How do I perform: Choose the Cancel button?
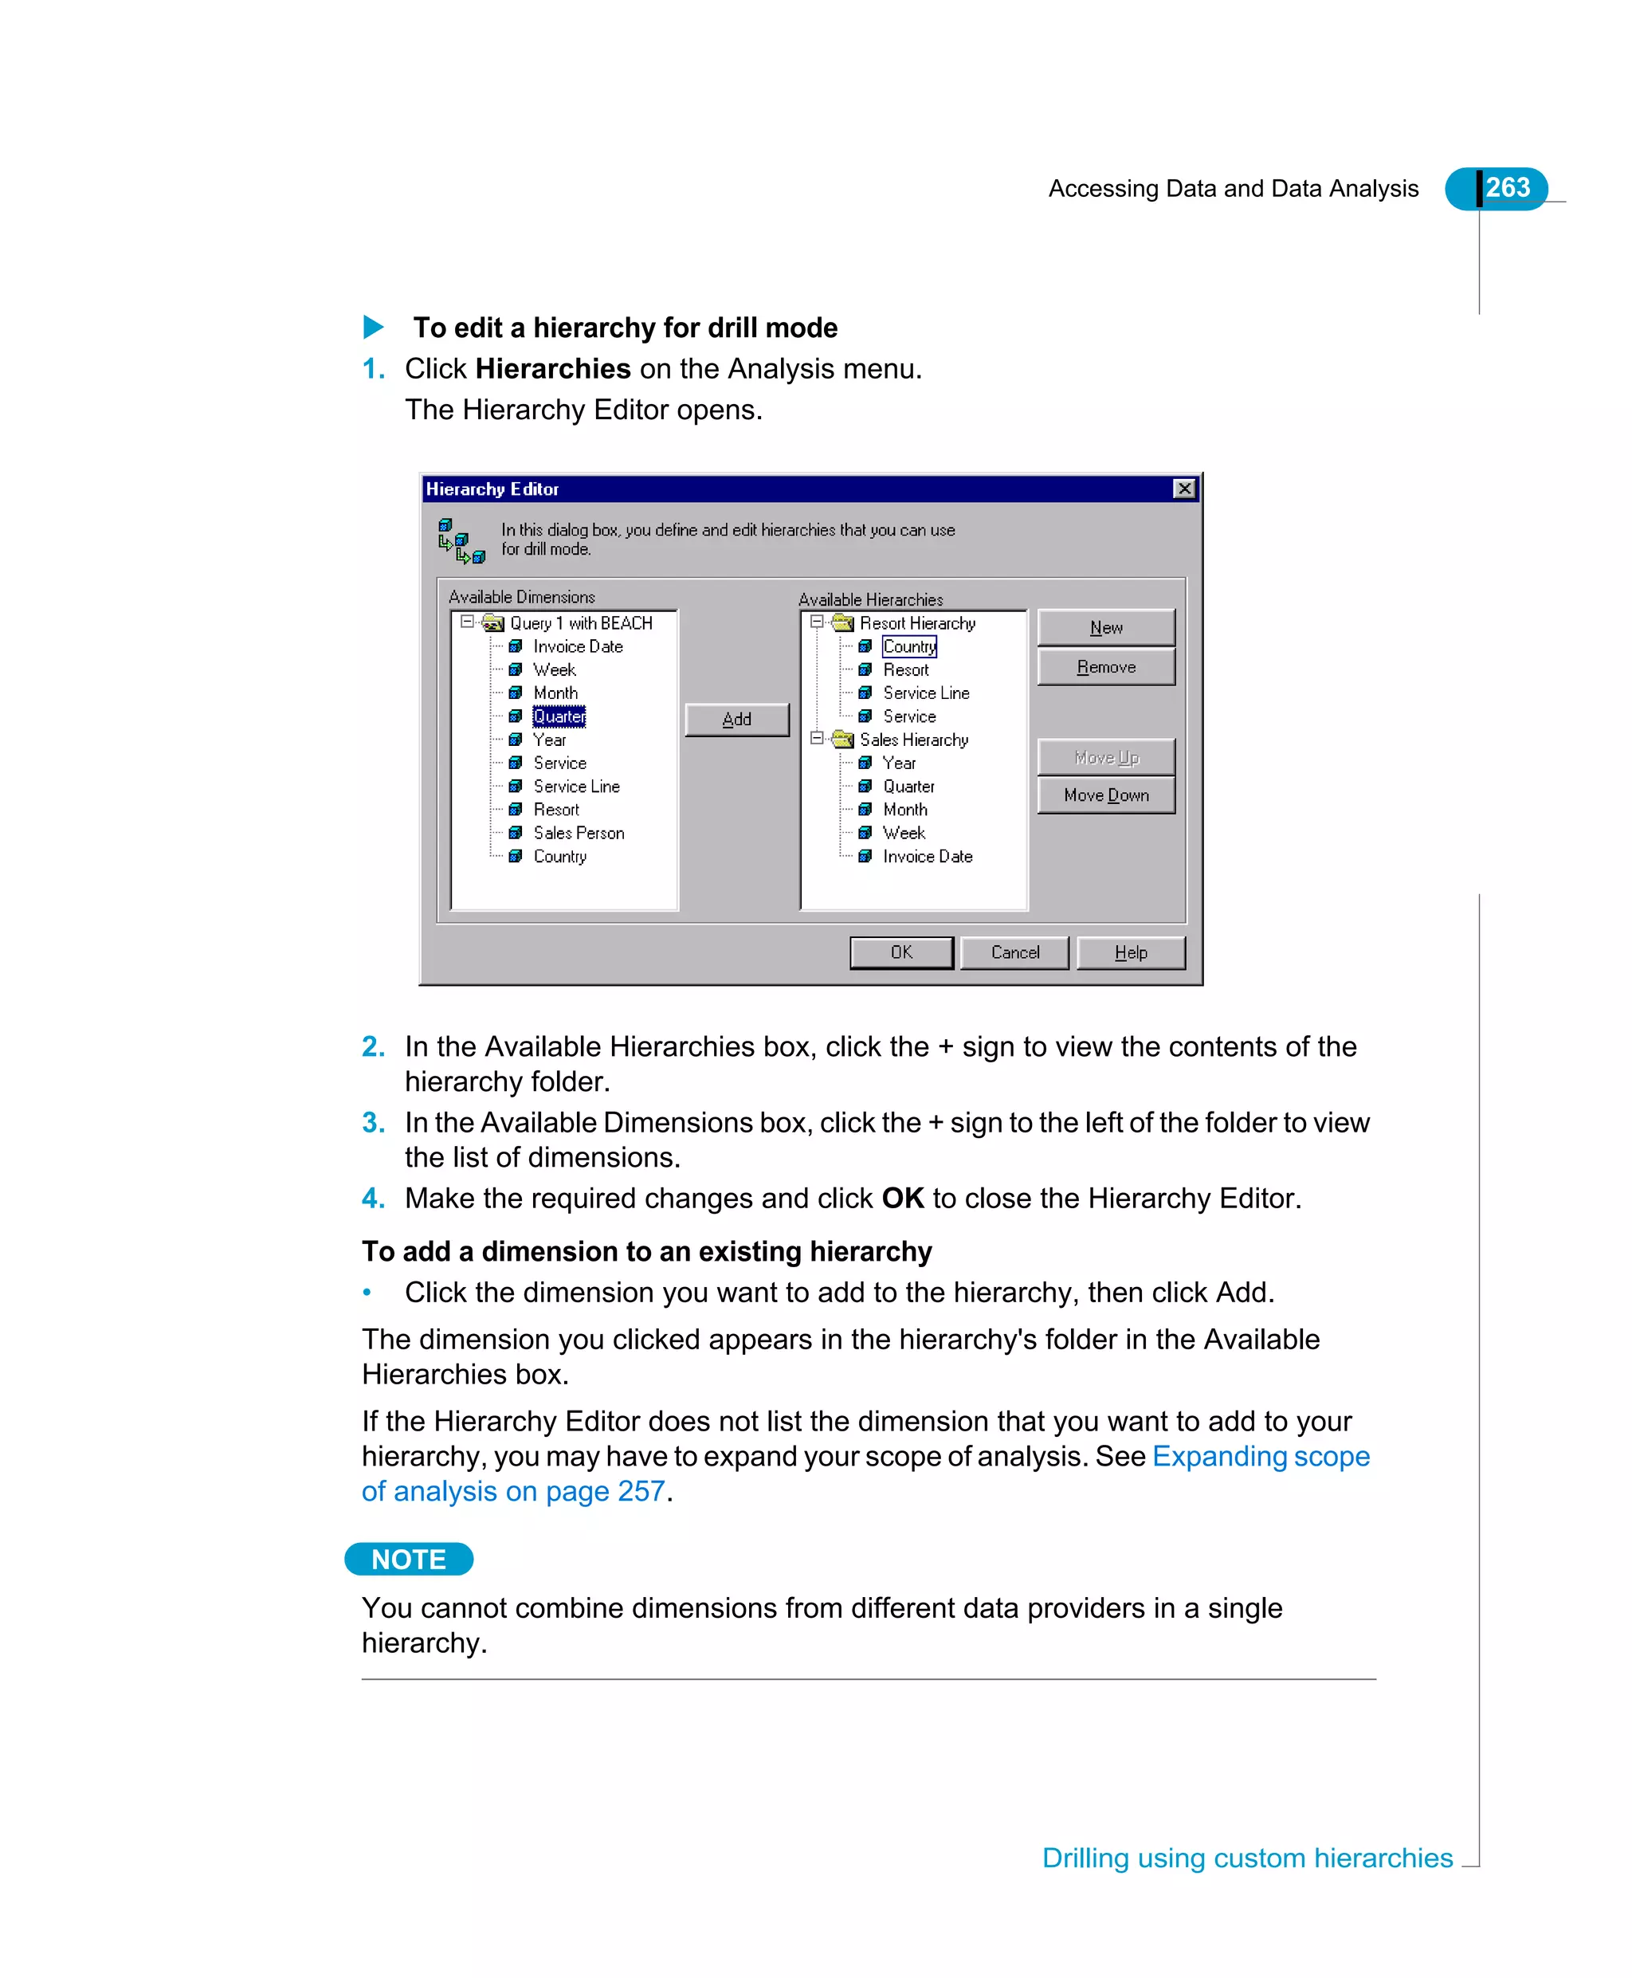click(1014, 952)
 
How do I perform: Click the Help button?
click(1130, 952)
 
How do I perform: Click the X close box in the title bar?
click(1184, 489)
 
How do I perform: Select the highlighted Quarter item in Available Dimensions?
click(559, 716)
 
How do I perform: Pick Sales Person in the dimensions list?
click(579, 833)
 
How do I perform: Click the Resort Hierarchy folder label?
click(916, 623)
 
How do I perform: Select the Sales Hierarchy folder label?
click(913, 740)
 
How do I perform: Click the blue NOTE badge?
click(408, 1559)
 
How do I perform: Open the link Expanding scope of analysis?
click(1260, 1456)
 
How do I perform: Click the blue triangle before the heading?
click(373, 328)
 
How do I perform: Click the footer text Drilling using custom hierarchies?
click(1246, 1858)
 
